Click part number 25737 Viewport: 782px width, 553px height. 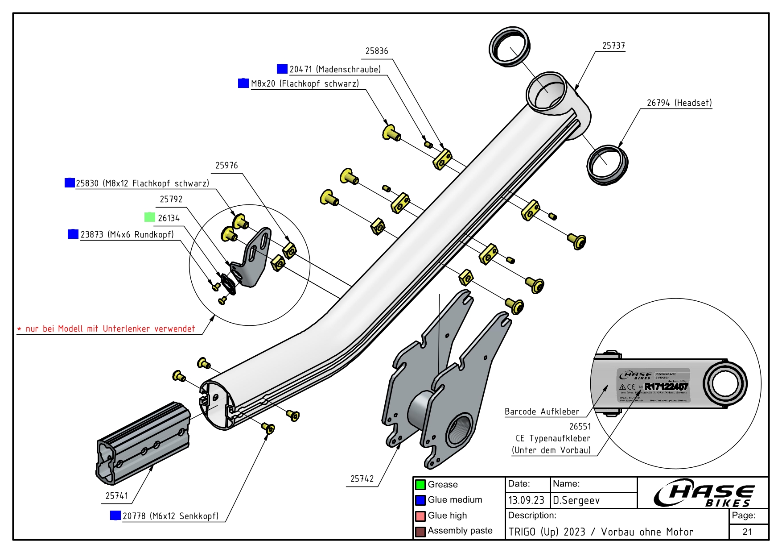[613, 46]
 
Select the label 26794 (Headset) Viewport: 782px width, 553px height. [679, 103]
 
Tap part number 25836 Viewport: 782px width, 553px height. [377, 51]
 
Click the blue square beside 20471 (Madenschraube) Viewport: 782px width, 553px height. [282, 69]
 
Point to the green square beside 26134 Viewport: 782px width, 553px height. [150, 217]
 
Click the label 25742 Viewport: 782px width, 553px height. [362, 479]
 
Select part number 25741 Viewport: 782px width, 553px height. [117, 496]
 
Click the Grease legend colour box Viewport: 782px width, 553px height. [420, 485]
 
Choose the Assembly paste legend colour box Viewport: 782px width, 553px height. [420, 532]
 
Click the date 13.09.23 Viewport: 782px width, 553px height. [527, 500]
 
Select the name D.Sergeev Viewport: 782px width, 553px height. [576, 500]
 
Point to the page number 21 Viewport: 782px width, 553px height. [748, 532]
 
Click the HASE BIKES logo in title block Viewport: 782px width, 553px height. [704, 493]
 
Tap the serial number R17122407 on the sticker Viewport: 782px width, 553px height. [666, 387]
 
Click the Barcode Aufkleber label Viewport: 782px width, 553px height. [542, 412]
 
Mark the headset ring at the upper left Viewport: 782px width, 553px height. [510, 47]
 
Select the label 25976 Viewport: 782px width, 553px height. [226, 166]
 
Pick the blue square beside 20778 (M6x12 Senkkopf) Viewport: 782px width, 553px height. [115, 516]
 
